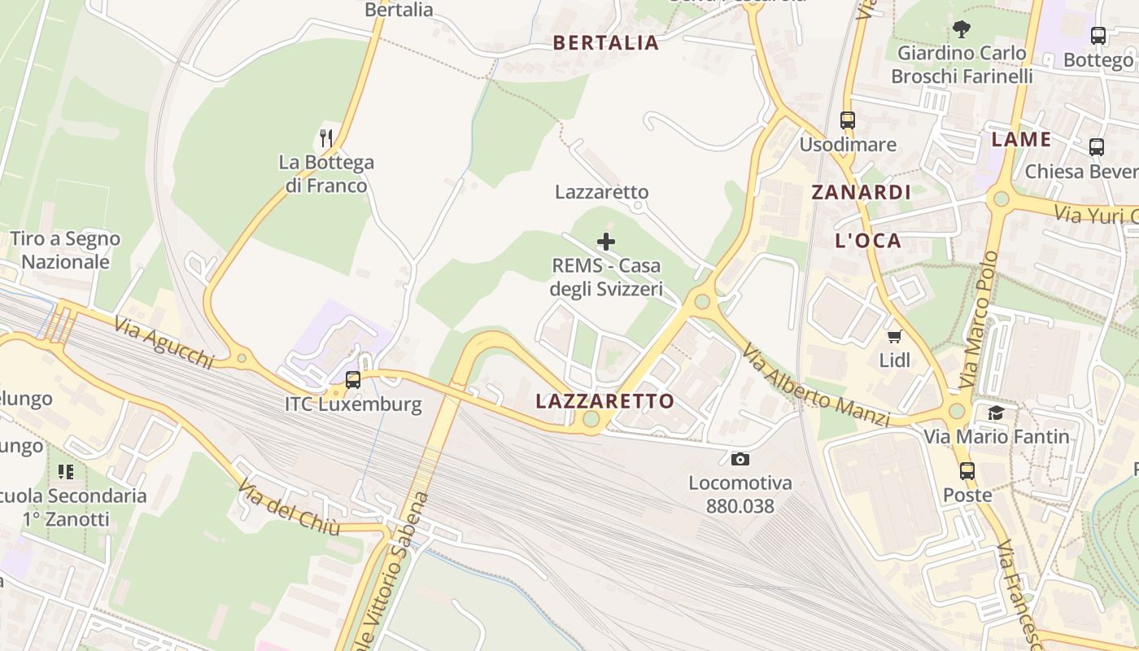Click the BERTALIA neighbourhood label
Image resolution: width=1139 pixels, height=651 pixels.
click(x=605, y=43)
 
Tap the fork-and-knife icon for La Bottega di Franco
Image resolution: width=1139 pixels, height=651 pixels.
click(x=326, y=138)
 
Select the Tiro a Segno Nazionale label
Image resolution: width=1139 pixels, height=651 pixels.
click(x=65, y=250)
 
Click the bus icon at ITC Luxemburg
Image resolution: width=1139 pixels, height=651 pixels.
click(x=353, y=379)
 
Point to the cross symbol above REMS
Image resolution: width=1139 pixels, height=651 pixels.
click(x=606, y=242)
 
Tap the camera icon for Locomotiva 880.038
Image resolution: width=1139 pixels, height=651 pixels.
click(x=740, y=459)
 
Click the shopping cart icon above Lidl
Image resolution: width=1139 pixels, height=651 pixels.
click(x=894, y=336)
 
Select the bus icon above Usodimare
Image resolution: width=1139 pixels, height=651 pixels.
click(x=848, y=120)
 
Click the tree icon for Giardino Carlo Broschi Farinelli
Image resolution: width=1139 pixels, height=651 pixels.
click(x=962, y=30)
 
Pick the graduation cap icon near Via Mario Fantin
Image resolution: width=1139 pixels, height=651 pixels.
click(x=996, y=413)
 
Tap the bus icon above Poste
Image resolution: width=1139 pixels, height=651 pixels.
click(x=967, y=470)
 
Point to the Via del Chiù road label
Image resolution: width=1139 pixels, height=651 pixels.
click(x=289, y=506)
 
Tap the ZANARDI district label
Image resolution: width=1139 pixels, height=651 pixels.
click(x=861, y=193)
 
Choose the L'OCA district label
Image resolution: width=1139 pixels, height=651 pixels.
click(x=869, y=241)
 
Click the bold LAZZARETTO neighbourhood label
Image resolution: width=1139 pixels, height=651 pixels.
click(x=605, y=401)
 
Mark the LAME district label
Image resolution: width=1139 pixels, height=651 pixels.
click(x=1021, y=139)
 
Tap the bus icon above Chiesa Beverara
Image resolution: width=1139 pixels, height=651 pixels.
click(x=1097, y=147)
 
